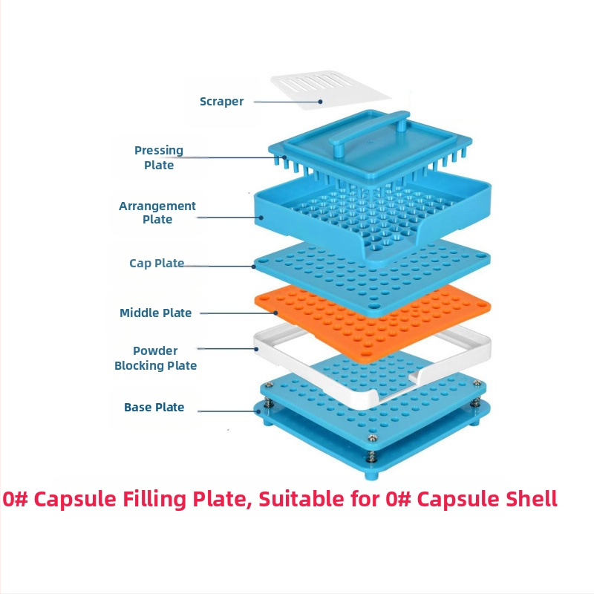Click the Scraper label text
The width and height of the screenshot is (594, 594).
coord(221,102)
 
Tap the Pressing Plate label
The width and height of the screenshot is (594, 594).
coord(159,157)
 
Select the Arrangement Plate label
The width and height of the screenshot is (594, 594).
coord(157,212)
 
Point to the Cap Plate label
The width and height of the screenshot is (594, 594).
coord(157,264)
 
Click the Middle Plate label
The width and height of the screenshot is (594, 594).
coord(156,313)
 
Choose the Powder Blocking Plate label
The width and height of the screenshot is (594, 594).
coord(155,358)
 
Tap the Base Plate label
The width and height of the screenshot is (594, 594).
coord(154,408)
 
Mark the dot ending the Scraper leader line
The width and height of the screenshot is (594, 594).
coord(320,102)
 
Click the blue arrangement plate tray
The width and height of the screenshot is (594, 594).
coord(297,208)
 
